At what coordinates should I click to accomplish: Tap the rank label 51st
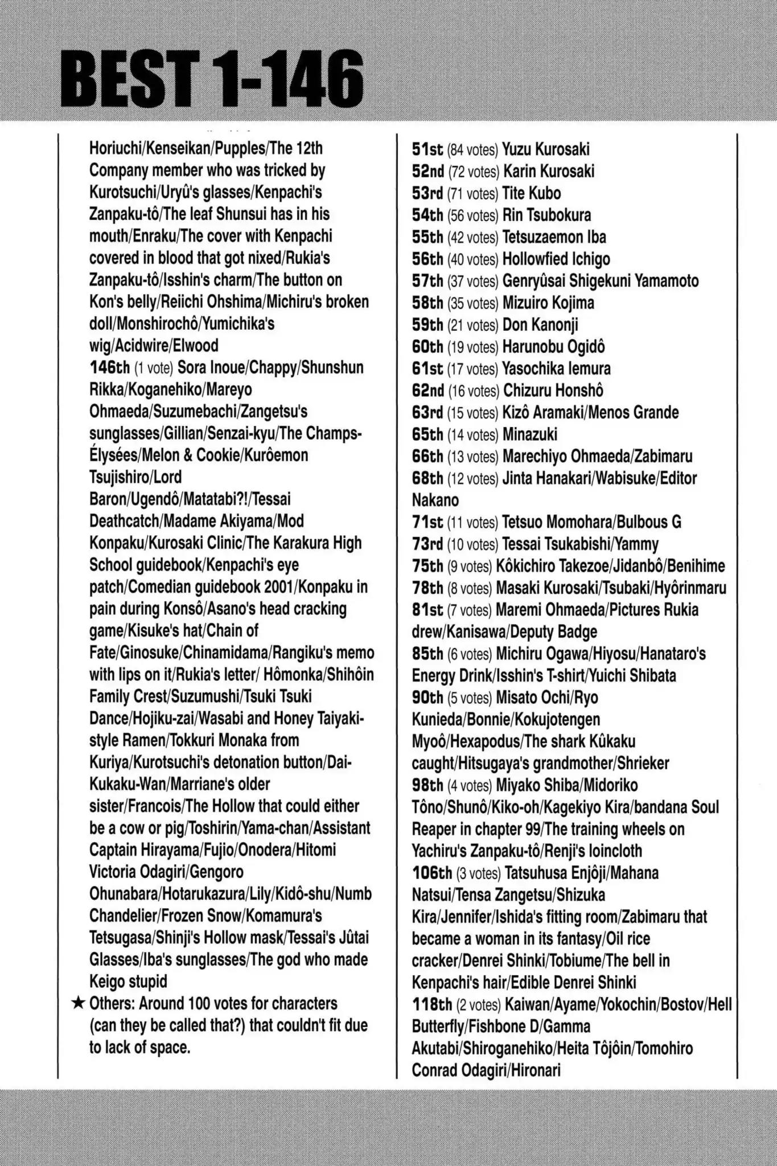click(427, 150)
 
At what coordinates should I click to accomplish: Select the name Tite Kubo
click(531, 194)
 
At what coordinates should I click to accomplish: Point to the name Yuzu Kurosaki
click(546, 150)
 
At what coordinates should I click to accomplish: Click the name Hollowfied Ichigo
click(556, 259)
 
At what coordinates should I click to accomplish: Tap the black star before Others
click(79, 1003)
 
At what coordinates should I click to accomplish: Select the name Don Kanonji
click(540, 325)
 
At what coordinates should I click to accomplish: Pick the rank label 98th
click(427, 786)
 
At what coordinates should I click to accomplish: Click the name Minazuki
click(530, 434)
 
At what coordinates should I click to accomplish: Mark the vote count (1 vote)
click(154, 368)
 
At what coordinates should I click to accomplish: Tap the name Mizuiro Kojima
click(548, 303)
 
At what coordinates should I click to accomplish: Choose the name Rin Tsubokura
click(546, 215)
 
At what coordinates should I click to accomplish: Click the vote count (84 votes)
click(473, 150)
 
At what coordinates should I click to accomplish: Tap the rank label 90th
click(427, 698)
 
